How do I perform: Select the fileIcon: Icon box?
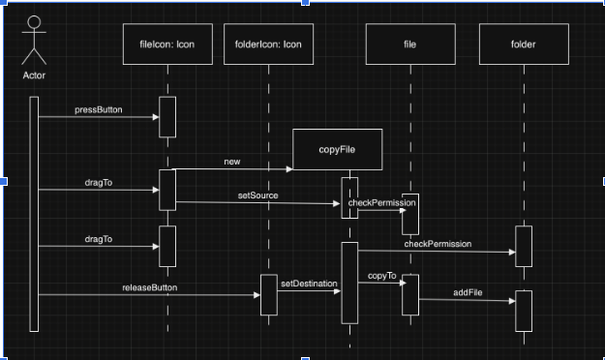tap(166, 45)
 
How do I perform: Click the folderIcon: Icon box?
tap(268, 45)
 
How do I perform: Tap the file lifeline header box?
tap(410, 45)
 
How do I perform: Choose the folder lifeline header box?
tap(523, 45)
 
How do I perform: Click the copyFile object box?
tap(337, 150)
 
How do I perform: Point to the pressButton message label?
tap(99, 110)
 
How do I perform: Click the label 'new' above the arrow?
tap(231, 162)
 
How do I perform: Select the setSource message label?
tap(257, 195)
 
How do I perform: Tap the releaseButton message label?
tap(149, 287)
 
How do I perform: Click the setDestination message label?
tap(309, 284)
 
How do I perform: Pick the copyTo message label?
tap(381, 277)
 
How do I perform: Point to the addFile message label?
tap(469, 291)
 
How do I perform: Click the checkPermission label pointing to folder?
tap(438, 244)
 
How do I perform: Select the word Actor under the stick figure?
tap(34, 75)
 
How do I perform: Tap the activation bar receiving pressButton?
tap(167, 117)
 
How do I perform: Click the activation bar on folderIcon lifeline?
tap(268, 294)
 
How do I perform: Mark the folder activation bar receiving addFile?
tap(524, 310)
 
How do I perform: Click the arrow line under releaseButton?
tap(149, 295)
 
